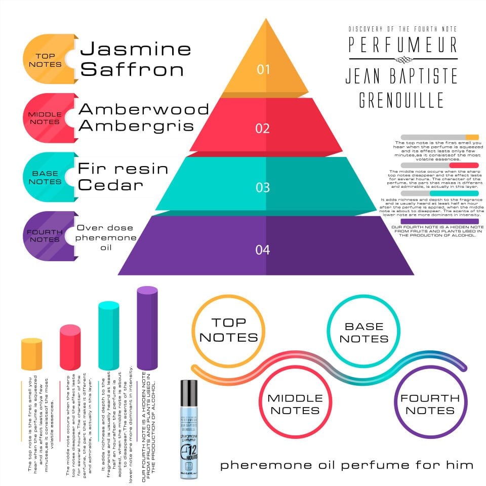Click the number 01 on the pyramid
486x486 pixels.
click(263, 69)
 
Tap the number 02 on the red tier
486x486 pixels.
click(263, 128)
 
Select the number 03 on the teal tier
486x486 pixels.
click(263, 187)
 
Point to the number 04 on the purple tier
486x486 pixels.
click(263, 250)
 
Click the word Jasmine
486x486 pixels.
click(136, 49)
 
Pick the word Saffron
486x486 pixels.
click(132, 69)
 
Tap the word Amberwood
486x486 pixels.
click(144, 109)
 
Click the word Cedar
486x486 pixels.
click(111, 185)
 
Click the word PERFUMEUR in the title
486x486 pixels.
click(403, 45)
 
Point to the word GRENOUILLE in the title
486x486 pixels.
click(401, 100)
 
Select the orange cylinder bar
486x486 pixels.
click(31, 354)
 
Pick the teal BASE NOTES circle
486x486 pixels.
click(363, 332)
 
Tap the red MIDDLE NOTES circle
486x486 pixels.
click(295, 403)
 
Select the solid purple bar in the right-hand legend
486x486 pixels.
click(439, 221)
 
